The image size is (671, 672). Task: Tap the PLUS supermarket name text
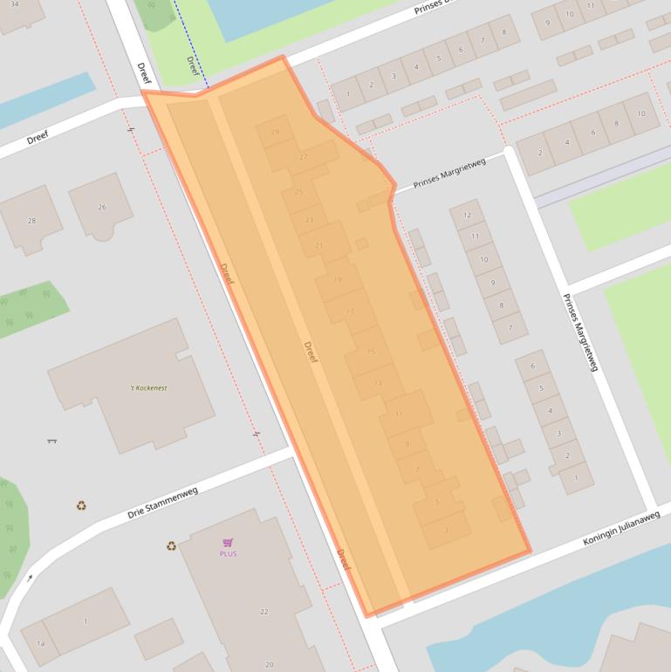click(228, 553)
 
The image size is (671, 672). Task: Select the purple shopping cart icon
click(228, 542)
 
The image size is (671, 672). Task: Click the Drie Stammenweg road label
click(162, 503)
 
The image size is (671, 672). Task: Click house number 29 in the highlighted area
click(276, 133)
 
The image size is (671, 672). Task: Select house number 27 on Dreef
click(303, 157)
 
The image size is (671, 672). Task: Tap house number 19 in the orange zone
click(338, 279)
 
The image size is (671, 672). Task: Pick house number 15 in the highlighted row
click(371, 352)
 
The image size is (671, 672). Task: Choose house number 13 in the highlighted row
click(378, 383)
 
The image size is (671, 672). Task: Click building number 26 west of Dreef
click(102, 207)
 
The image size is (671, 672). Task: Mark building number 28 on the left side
click(32, 220)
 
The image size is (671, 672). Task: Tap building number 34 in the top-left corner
click(14, 4)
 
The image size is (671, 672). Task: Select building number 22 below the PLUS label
click(264, 612)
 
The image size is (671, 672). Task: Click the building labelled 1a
click(39, 643)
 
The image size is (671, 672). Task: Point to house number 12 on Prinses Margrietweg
click(468, 215)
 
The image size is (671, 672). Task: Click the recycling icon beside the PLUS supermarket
click(171, 546)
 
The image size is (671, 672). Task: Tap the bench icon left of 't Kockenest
click(51, 441)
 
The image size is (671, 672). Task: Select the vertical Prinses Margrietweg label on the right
click(579, 333)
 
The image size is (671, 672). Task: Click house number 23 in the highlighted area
click(309, 220)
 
